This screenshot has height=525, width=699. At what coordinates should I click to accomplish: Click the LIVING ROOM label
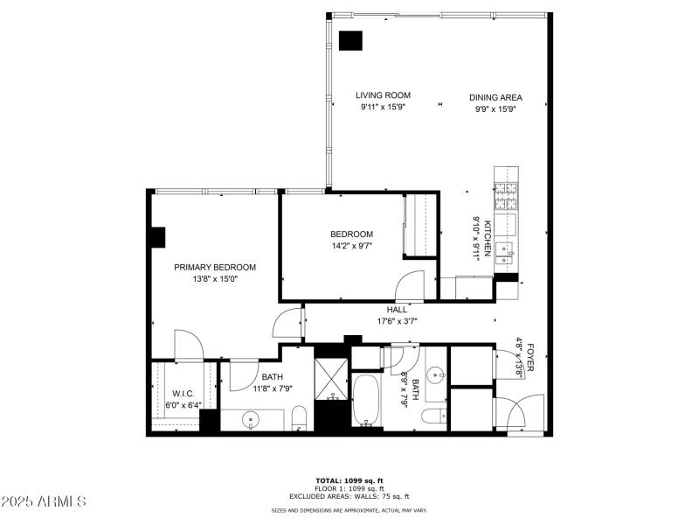tap(383, 95)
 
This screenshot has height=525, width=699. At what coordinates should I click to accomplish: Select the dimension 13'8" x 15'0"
tap(215, 280)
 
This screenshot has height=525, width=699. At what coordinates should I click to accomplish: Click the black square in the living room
tap(351, 40)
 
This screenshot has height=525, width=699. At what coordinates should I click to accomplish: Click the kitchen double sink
tap(505, 255)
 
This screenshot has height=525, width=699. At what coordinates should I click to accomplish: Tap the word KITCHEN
tap(489, 234)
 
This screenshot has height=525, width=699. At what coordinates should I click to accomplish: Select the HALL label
tap(397, 310)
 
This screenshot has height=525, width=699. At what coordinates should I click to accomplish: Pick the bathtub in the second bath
tap(366, 402)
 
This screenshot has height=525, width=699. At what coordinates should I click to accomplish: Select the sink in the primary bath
tap(251, 419)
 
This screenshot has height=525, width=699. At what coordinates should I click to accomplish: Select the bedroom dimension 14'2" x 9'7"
tap(351, 247)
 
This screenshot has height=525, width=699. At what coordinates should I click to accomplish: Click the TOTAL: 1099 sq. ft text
tap(349, 480)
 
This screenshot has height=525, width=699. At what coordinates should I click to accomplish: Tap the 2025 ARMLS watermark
tap(43, 501)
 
